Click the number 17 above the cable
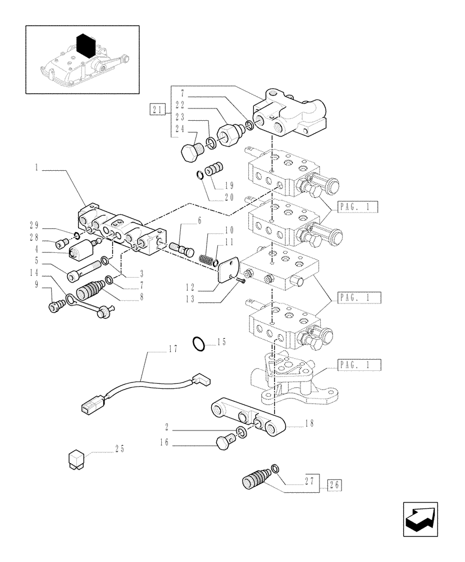[x=172, y=349]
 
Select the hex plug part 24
[x=192, y=151]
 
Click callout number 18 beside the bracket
[x=311, y=424]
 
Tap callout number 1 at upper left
[x=37, y=167]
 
